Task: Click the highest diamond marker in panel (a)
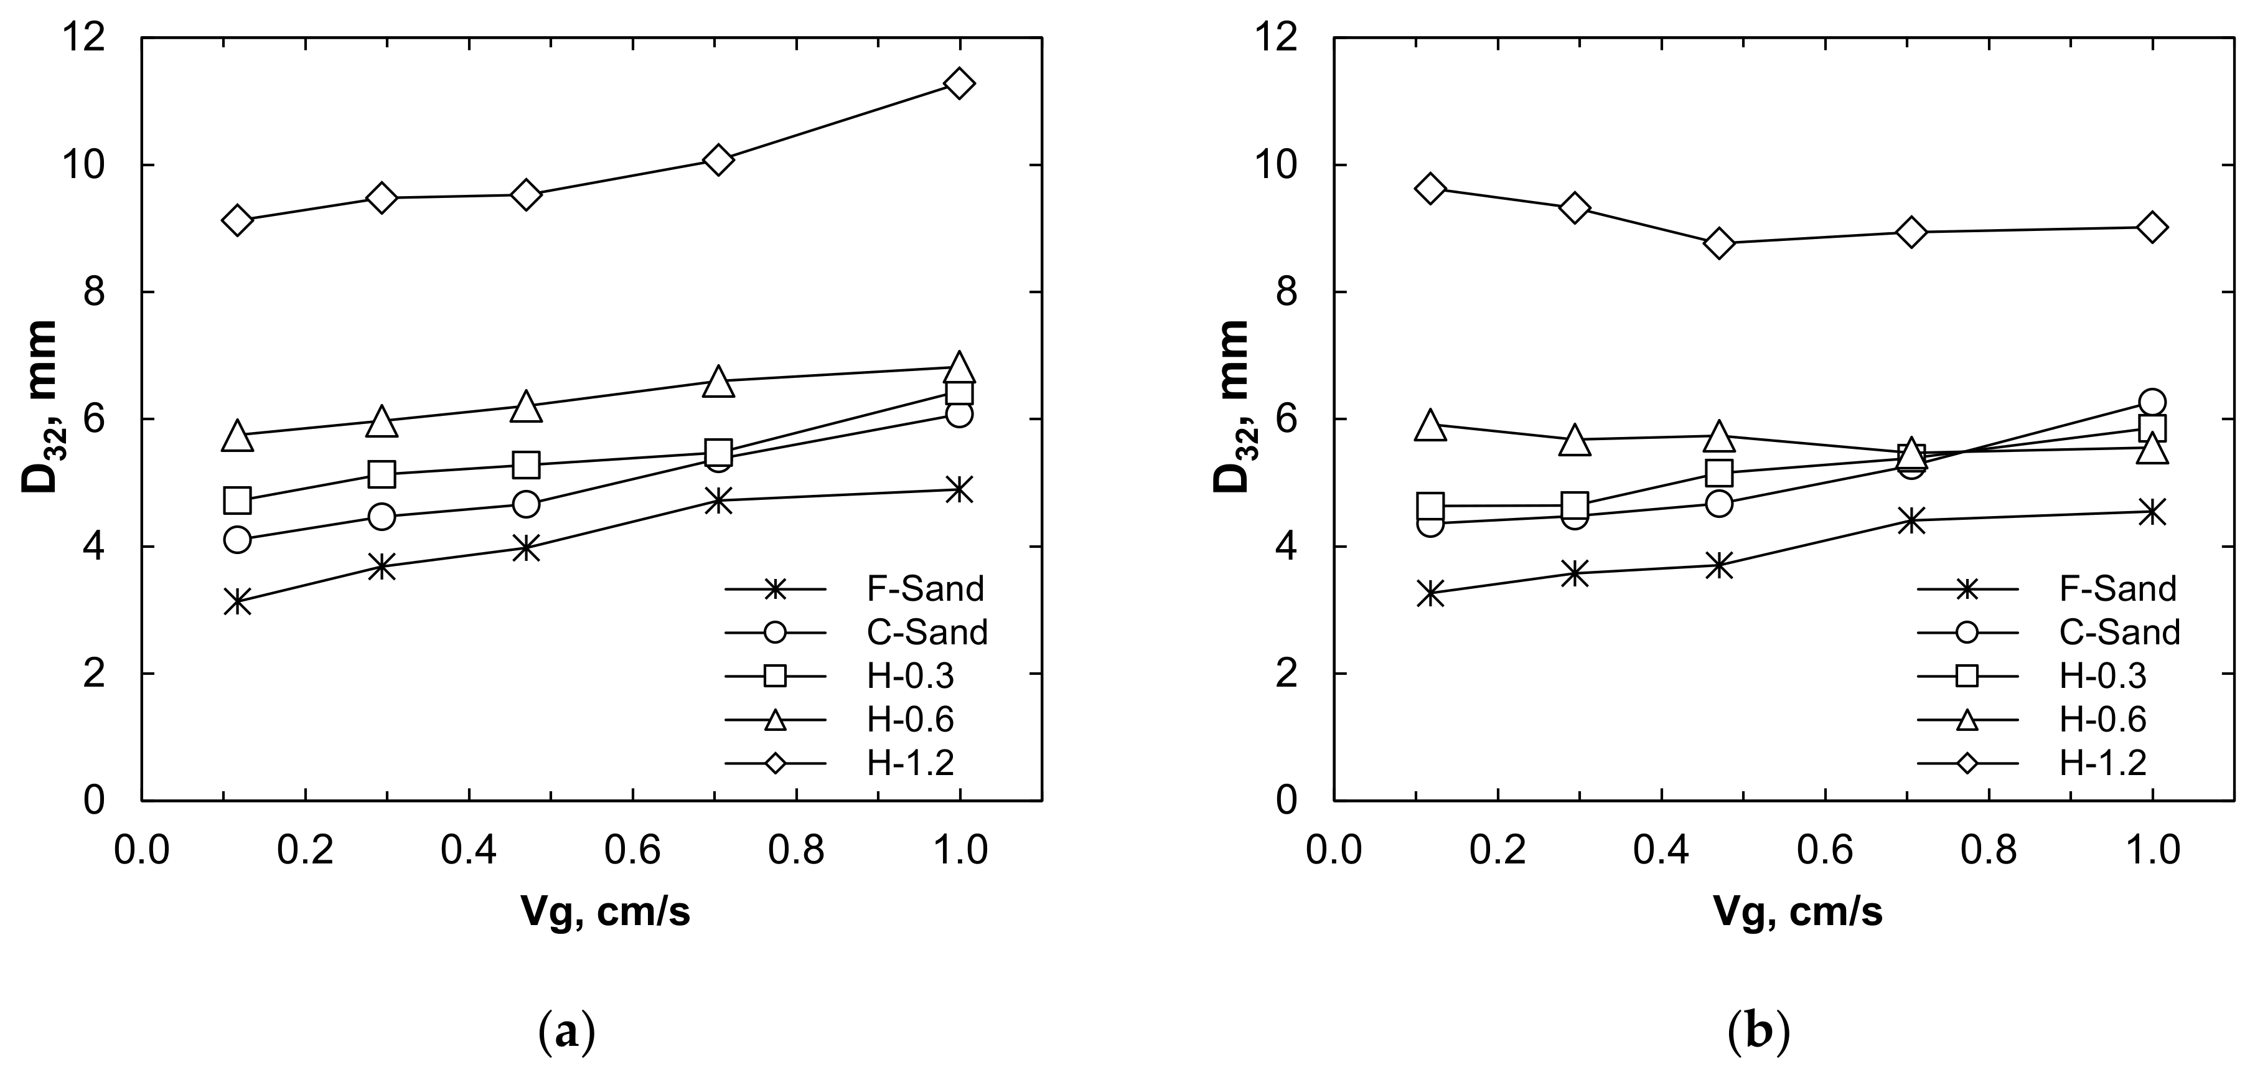point(959,84)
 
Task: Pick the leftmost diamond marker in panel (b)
point(1430,189)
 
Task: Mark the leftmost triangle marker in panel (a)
point(238,436)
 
